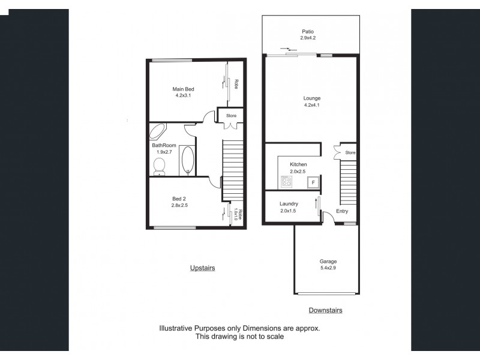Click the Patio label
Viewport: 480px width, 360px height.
pos(307,32)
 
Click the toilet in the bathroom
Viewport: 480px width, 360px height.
pos(160,167)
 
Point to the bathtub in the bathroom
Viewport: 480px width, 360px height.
pos(187,160)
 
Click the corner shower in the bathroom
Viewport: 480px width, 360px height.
pos(157,131)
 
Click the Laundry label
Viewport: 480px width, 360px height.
pos(289,204)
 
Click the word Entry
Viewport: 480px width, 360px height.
pos(342,211)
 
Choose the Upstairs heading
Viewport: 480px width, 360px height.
pos(202,268)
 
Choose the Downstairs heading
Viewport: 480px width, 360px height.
pos(325,310)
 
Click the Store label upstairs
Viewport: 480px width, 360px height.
pos(231,116)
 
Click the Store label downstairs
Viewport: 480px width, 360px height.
pos(350,153)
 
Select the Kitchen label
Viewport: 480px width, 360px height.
pos(298,164)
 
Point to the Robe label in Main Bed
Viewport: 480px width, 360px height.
pos(237,84)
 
